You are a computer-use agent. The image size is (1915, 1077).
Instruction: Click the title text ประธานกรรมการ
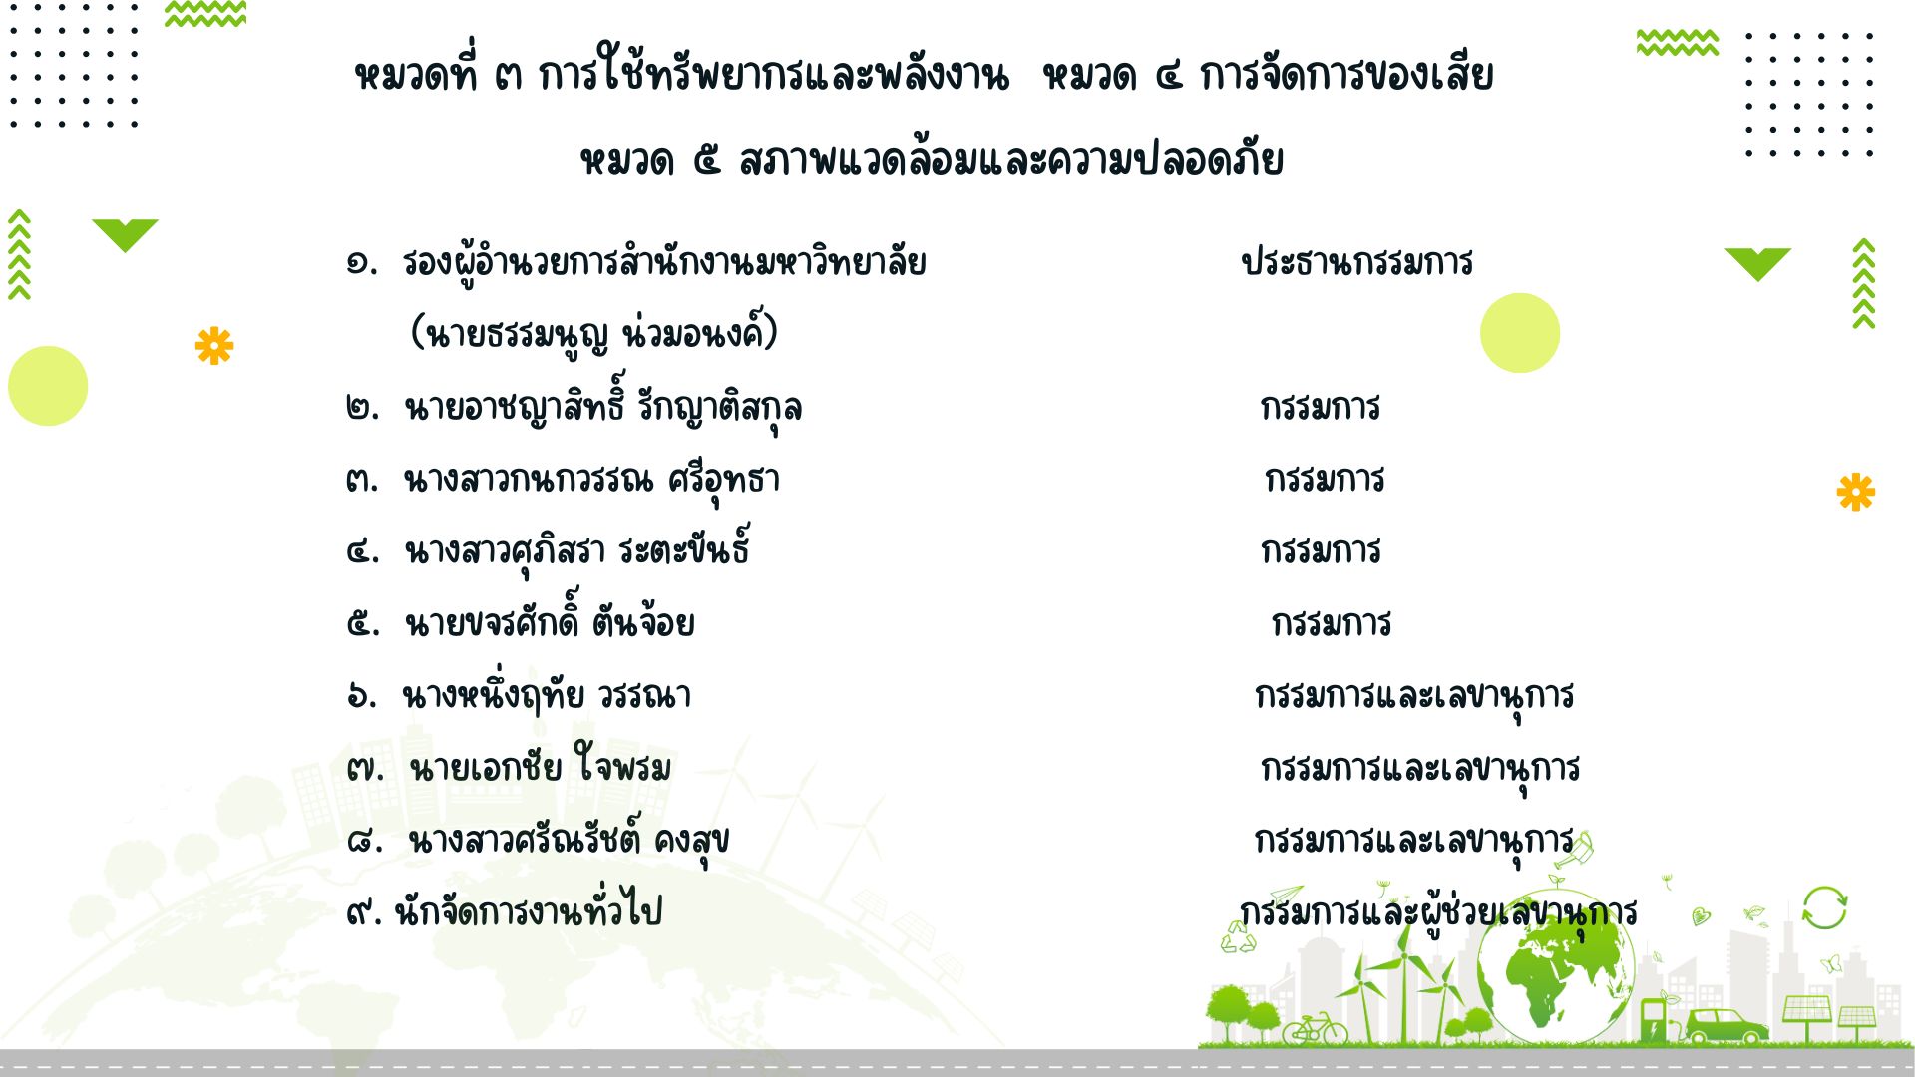(x=1356, y=263)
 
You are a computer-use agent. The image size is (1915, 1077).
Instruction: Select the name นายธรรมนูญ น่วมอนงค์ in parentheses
(x=593, y=334)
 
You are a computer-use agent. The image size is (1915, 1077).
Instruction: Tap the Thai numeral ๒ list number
(x=362, y=407)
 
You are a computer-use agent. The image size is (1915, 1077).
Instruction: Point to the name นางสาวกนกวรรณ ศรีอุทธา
(x=591, y=481)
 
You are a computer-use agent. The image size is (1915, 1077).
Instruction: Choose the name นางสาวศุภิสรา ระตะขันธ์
(x=577, y=550)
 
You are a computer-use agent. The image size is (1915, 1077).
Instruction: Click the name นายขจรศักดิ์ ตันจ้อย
(x=550, y=622)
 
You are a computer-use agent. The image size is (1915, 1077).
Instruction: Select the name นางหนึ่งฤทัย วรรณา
(x=547, y=694)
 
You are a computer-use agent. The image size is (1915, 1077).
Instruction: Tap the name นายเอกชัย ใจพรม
(x=540, y=766)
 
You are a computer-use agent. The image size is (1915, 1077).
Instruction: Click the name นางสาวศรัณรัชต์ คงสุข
(x=569, y=840)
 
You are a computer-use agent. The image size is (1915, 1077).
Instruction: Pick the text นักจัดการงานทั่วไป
(x=528, y=909)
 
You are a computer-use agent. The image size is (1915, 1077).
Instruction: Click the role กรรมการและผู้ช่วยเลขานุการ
(x=1438, y=912)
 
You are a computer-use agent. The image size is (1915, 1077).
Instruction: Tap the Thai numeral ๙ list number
(x=361, y=911)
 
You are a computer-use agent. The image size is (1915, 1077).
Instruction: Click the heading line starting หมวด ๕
(x=932, y=160)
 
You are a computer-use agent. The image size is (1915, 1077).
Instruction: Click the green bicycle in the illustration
(x=1315, y=1028)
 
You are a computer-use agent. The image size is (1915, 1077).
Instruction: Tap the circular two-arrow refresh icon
(x=1824, y=907)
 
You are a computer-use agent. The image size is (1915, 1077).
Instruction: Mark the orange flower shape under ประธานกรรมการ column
(x=1855, y=493)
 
